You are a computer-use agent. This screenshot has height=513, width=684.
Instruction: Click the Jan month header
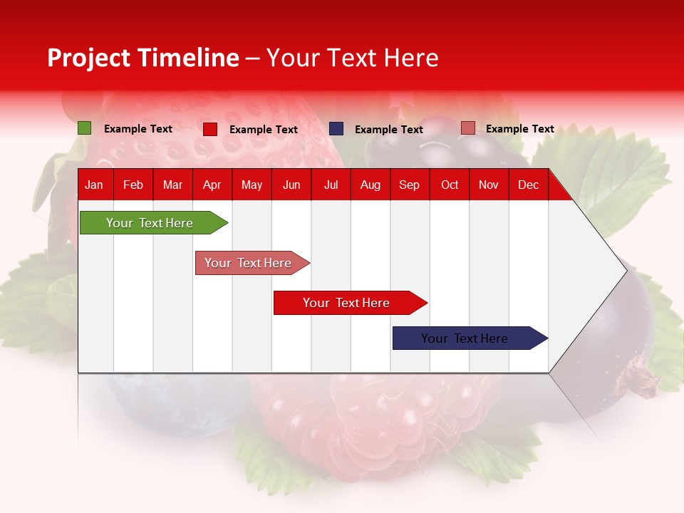point(94,185)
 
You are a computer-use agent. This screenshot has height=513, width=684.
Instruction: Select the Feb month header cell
point(133,185)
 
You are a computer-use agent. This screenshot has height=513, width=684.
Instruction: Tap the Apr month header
point(212,185)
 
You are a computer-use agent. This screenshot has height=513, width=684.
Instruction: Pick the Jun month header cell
point(291,185)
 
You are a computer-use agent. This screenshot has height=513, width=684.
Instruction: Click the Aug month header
point(370,185)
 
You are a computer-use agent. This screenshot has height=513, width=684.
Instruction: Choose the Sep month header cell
point(410,185)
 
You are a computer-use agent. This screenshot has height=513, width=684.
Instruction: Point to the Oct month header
point(450,185)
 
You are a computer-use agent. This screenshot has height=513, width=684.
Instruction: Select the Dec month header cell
point(529,185)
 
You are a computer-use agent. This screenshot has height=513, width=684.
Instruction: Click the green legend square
point(85,128)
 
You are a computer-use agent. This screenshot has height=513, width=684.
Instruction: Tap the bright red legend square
point(210,129)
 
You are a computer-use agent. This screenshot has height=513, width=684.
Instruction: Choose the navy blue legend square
point(336,129)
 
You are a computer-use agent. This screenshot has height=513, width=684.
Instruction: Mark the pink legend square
point(467,128)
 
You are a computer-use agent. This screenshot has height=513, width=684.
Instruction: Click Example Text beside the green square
point(138,129)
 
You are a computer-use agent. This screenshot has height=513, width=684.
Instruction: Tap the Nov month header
point(489,185)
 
